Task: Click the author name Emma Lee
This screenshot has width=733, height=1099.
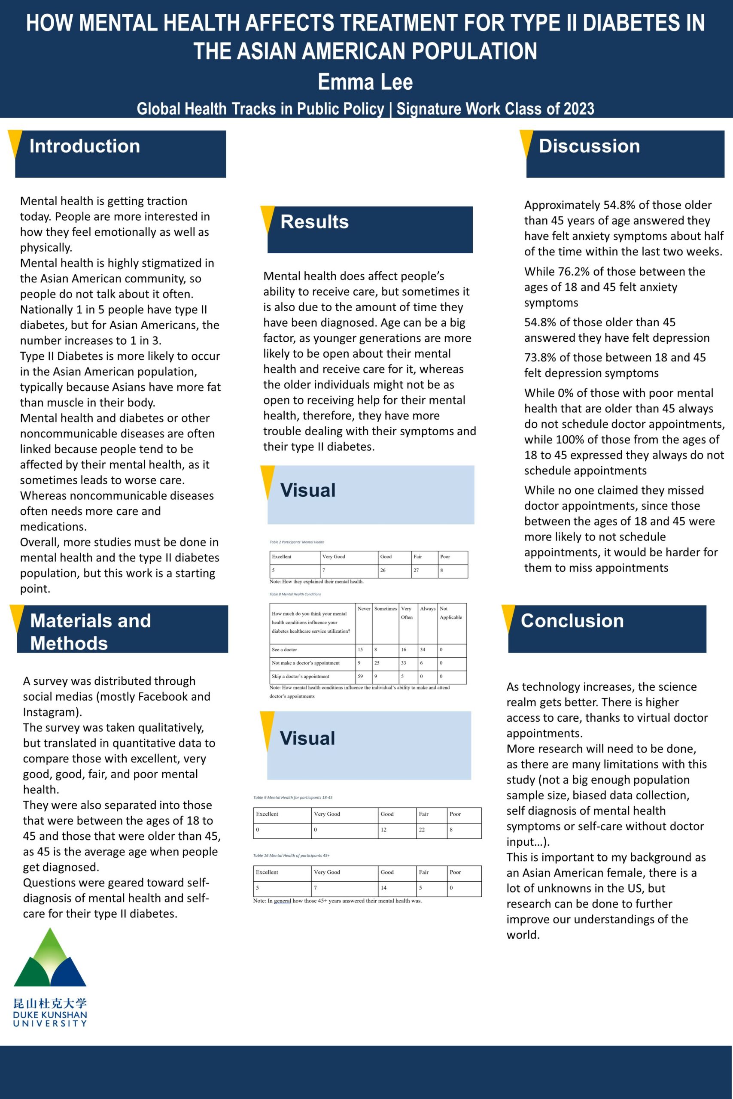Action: (365, 82)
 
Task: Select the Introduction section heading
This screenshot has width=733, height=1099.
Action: (85, 146)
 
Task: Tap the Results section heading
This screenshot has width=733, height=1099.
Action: (314, 222)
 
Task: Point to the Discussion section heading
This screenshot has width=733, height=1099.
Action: (589, 146)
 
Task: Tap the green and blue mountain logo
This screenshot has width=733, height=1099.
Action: (50, 958)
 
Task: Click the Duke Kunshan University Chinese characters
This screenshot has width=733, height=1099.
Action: (50, 1003)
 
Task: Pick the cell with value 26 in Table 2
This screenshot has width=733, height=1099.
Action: (383, 570)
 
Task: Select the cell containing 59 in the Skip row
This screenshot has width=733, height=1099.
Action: (360, 676)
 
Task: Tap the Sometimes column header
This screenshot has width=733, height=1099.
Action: (385, 609)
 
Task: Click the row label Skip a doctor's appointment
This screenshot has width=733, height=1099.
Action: (300, 676)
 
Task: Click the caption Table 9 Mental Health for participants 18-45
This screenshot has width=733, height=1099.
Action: (292, 797)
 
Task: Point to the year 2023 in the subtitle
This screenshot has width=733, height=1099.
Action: (578, 109)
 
